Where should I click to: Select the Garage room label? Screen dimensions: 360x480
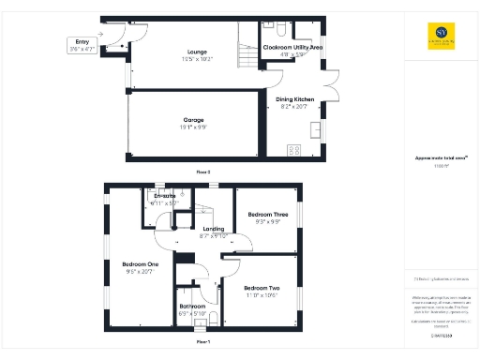(x=193, y=120)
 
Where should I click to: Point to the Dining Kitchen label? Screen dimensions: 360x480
(x=293, y=98)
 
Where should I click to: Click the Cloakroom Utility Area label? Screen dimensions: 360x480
(x=292, y=45)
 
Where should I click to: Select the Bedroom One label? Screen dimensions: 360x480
(x=141, y=264)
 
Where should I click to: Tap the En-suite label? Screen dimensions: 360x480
(x=165, y=196)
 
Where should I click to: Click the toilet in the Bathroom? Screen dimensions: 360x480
(x=215, y=317)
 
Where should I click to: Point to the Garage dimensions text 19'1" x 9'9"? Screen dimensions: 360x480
(x=193, y=128)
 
